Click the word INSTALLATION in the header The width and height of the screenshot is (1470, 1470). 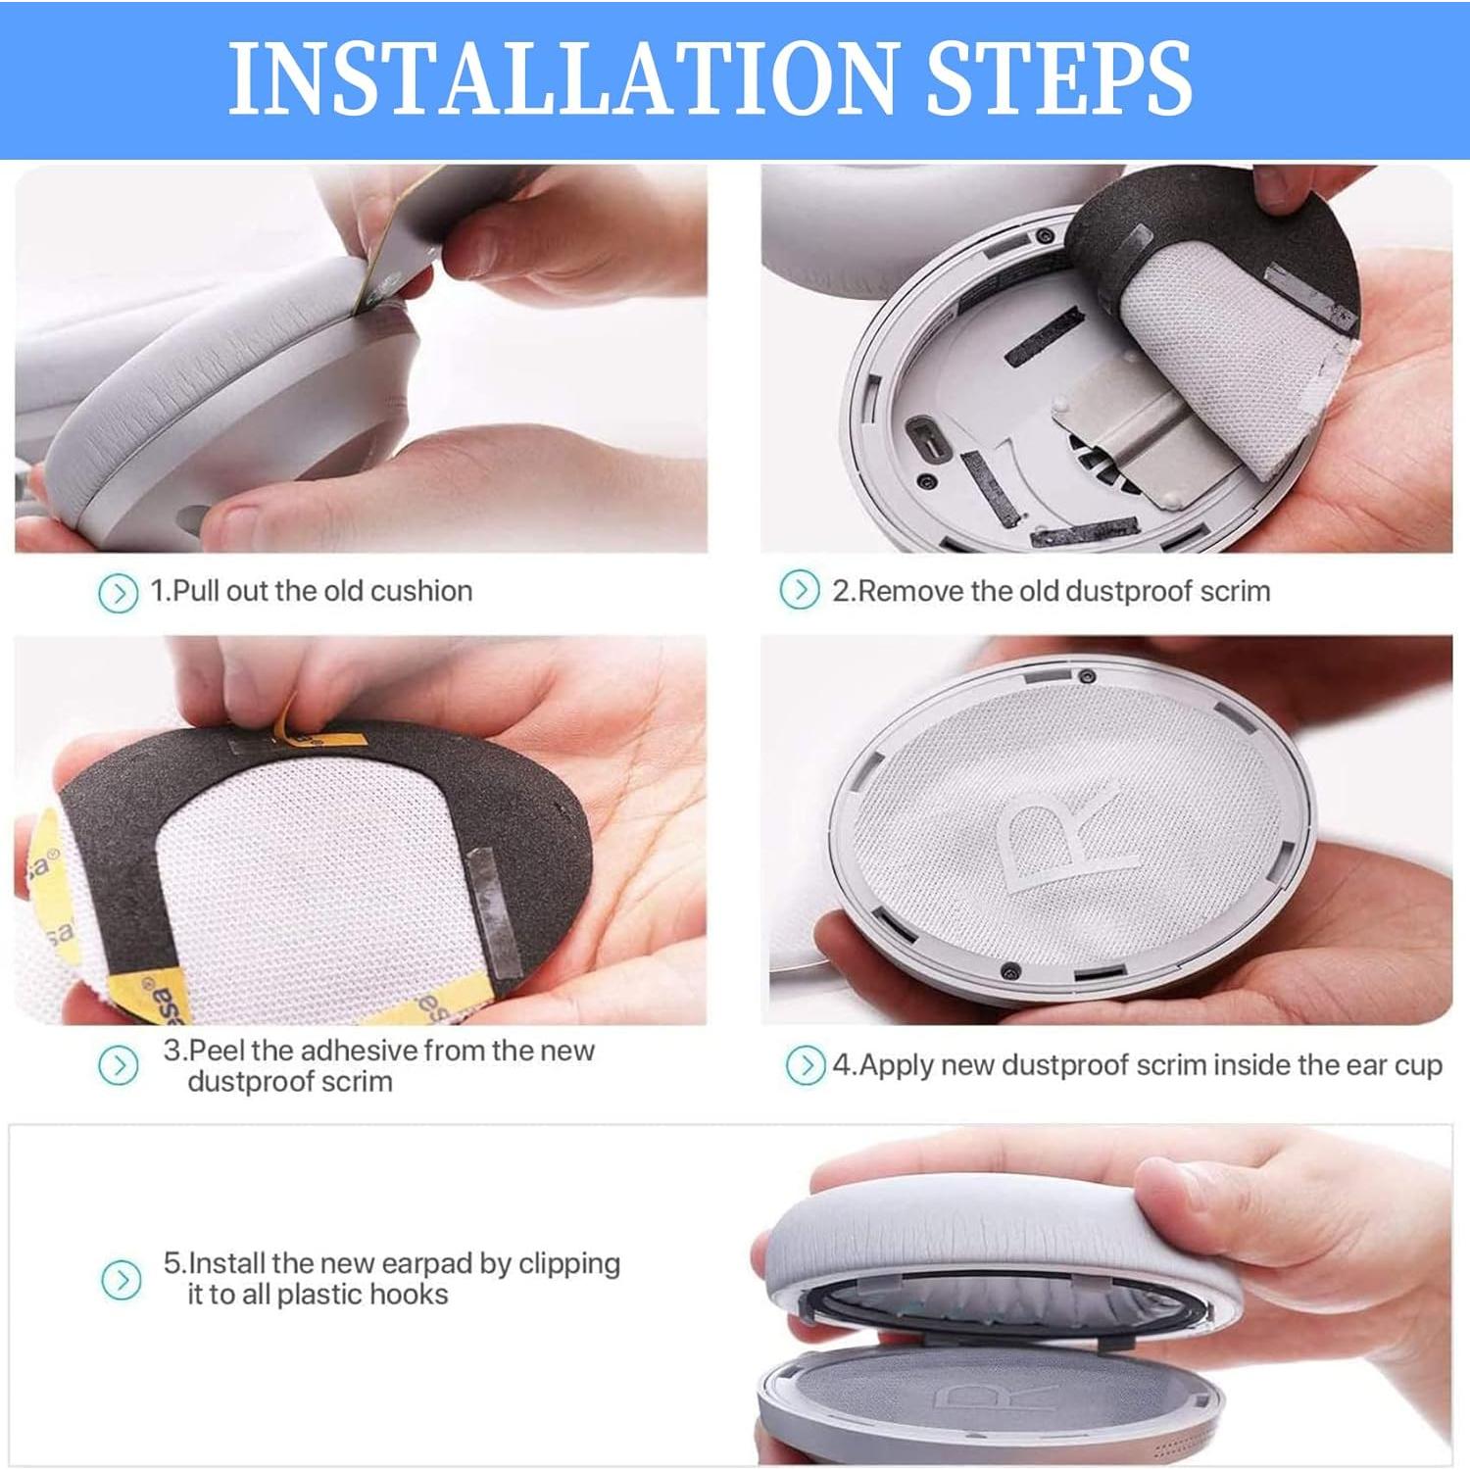tap(562, 78)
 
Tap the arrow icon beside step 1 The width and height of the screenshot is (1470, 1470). tap(119, 593)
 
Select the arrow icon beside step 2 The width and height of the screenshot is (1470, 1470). tap(800, 590)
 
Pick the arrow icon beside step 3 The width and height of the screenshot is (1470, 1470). tap(119, 1065)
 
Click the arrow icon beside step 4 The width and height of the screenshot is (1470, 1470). tap(806, 1065)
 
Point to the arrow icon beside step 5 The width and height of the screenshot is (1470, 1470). tap(121, 1280)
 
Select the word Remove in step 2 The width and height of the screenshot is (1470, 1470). tap(910, 591)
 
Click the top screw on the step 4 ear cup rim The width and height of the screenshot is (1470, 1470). tap(1086, 677)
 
